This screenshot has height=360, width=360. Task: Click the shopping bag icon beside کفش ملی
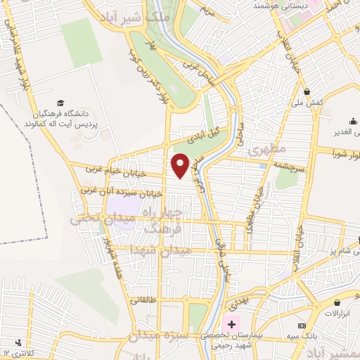[307, 91]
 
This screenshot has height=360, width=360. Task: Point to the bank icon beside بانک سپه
[302, 326]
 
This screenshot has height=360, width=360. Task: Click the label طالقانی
[143, 300]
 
